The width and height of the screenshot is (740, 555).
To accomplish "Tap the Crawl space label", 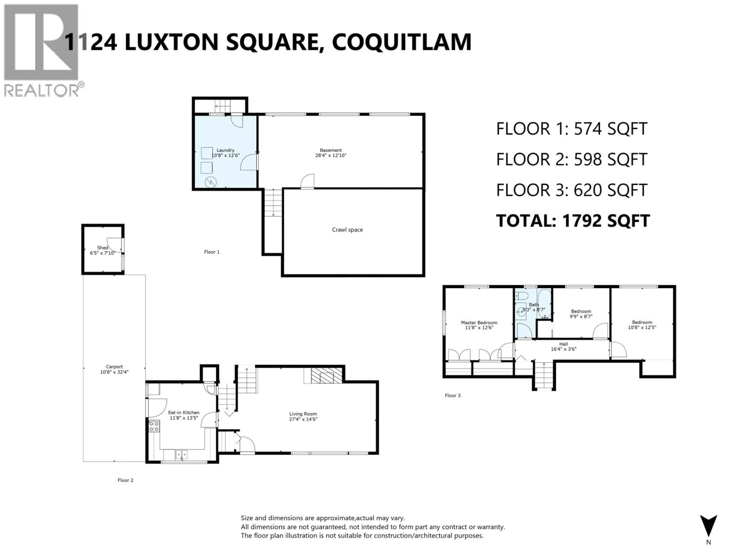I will point(347,230).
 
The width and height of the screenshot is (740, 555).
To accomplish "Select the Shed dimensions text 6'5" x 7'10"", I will point(102,253).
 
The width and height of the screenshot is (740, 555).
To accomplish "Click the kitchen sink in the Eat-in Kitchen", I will point(181,454).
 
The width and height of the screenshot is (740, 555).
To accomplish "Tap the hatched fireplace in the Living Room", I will point(326,375).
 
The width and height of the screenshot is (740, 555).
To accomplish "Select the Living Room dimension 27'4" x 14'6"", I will point(303,419).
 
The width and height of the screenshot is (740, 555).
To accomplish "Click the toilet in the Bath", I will point(521,296).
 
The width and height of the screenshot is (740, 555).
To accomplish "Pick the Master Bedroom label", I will point(479,322).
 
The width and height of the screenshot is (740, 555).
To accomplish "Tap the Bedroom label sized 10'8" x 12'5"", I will point(642,322).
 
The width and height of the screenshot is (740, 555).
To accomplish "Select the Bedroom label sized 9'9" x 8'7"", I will point(581,311).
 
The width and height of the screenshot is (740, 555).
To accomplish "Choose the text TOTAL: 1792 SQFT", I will point(573,221).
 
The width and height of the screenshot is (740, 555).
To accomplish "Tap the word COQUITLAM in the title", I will point(401,42).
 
